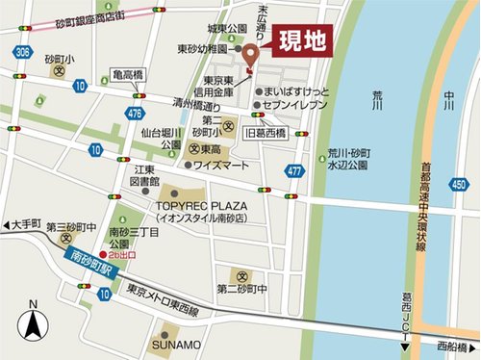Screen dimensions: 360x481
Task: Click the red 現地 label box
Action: click(x=301, y=41)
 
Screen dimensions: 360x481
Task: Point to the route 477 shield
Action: click(x=295, y=170)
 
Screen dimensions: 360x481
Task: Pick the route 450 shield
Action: click(x=461, y=184)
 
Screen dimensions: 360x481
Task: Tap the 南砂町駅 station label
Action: click(x=89, y=263)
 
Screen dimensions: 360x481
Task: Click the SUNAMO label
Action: click(x=175, y=345)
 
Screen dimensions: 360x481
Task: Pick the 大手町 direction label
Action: click(x=28, y=221)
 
